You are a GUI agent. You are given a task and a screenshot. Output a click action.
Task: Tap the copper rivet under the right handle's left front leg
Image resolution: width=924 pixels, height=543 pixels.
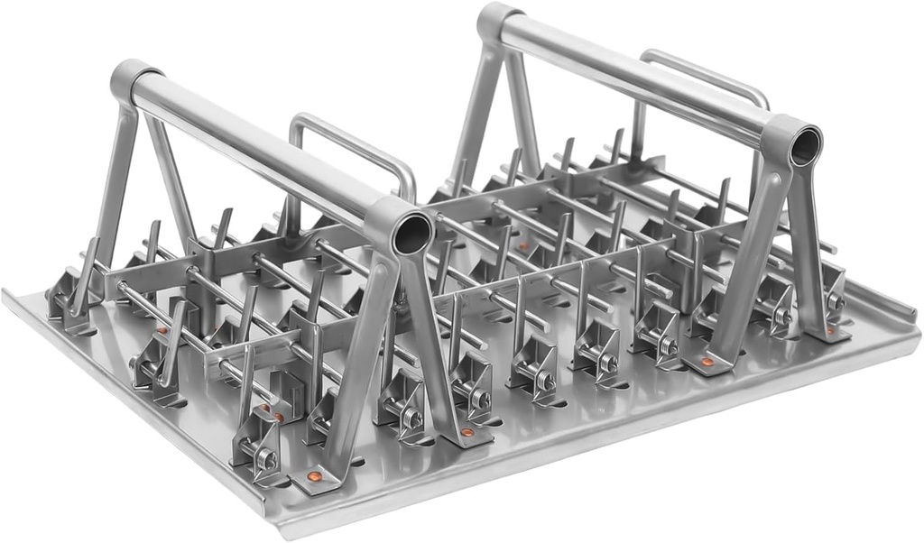pos(707,364)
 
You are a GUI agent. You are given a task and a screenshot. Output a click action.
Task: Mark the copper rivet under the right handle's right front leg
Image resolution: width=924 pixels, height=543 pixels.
pos(829,330)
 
